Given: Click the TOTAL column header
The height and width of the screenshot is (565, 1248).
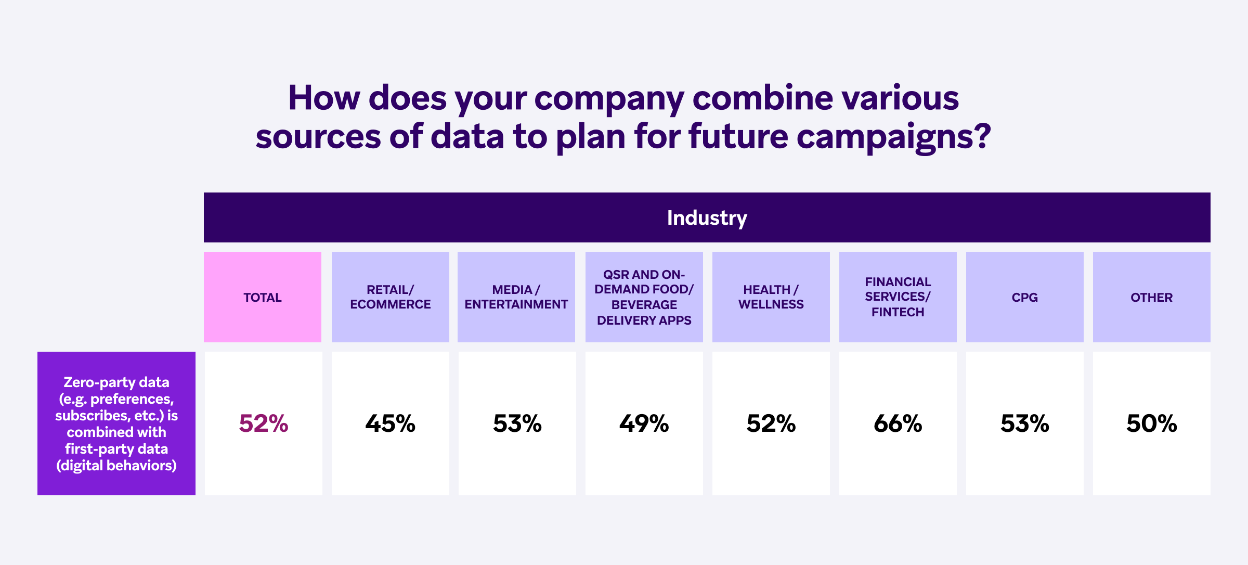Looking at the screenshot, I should coord(263,298).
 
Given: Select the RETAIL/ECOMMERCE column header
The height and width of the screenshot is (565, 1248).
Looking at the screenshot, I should coord(391,297).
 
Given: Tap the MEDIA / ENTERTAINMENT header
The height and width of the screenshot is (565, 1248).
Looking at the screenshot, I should coord(516,297).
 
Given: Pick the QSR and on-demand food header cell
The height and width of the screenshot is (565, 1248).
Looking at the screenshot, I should coord(644,297).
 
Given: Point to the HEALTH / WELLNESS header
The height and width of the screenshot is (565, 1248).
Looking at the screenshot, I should coord(771,297).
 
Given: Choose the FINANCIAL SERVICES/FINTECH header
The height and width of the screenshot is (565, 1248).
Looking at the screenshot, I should coord(898,297).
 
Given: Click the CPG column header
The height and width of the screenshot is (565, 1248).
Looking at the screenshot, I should coord(1025,298).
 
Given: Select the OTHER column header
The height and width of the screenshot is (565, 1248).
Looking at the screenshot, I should coord(1152,298).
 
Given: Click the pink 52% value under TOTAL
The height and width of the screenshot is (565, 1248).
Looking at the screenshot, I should coord(264,423).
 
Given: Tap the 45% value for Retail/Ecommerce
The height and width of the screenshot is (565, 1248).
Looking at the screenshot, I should coord(391,423).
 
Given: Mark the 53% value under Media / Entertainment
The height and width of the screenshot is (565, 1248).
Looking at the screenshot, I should coord(517,423).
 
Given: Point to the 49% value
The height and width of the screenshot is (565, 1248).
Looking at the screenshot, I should coord(644,423).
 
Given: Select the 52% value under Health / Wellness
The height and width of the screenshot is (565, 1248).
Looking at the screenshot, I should coord(771,423).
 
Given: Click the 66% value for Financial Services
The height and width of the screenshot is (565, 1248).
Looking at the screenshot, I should coord(898,423).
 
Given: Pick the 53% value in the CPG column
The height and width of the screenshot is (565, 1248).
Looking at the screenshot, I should coord(1025,423).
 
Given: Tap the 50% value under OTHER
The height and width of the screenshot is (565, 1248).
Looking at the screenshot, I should coord(1152,423).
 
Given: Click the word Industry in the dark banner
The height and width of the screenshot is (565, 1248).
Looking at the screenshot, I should coord(707,218).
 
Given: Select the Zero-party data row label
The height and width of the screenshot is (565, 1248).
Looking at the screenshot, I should coord(116,423).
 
